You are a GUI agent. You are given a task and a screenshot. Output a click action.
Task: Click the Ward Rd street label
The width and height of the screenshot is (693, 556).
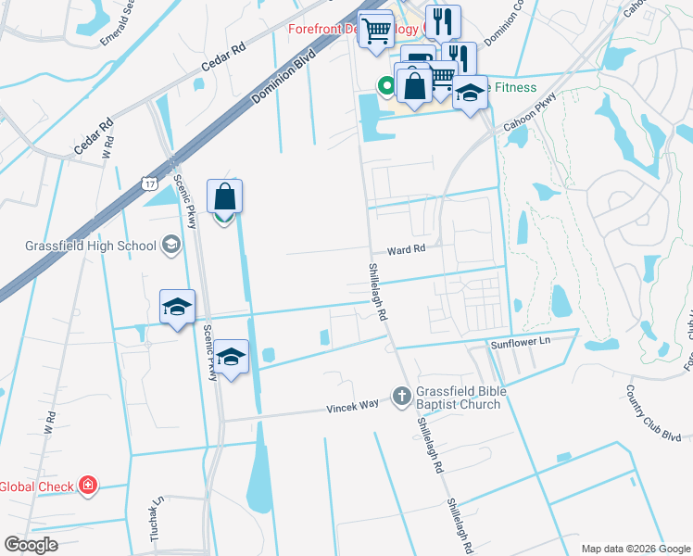pos(406,249)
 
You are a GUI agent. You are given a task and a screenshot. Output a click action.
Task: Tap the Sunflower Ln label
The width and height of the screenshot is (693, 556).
pos(520,343)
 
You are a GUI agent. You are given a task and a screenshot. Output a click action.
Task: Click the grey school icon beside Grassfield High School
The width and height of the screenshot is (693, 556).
pos(170,245)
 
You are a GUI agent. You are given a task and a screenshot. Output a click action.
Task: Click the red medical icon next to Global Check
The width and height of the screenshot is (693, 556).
pos(88,486)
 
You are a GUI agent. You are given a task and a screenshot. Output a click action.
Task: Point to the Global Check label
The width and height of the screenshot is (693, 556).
pos(36,486)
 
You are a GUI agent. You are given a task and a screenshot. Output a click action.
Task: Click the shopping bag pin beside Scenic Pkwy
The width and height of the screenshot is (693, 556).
pos(225,197)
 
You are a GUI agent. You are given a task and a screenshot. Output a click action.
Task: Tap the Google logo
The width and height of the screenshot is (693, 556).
pos(31,545)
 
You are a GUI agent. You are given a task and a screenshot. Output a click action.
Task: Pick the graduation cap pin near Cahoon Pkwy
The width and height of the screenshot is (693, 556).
pos(471,94)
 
